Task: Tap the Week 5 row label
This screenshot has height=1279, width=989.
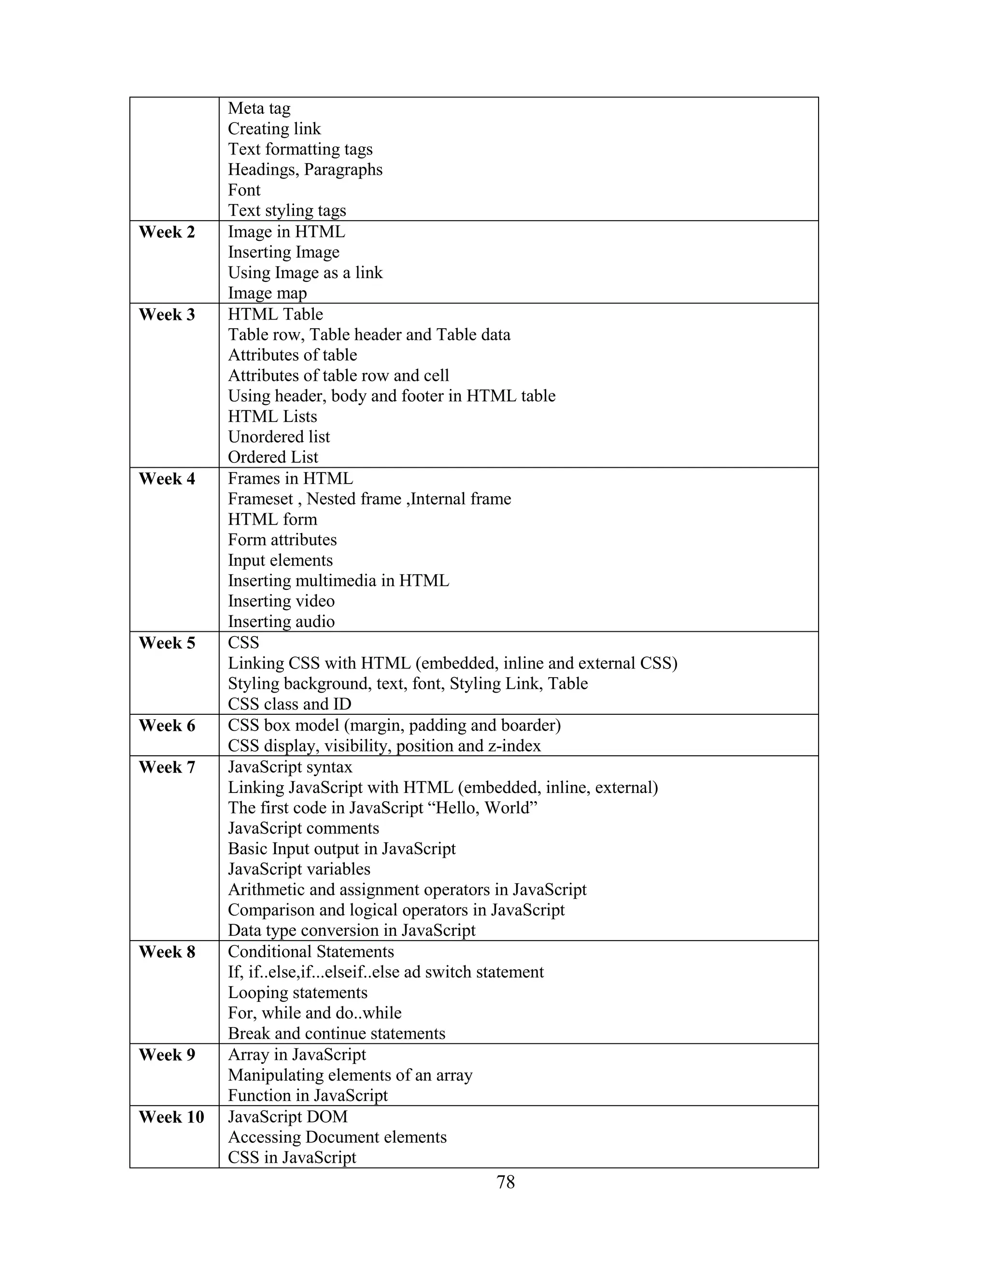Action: point(167,643)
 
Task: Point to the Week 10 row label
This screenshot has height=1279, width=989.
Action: point(171,1117)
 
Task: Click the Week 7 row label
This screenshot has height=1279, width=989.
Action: point(167,767)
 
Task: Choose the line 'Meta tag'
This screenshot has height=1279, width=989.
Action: point(259,108)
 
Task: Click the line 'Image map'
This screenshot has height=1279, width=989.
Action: point(267,293)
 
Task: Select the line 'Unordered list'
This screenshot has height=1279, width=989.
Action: point(279,437)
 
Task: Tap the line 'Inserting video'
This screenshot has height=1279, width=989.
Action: point(281,601)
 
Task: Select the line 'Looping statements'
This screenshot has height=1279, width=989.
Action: point(297,993)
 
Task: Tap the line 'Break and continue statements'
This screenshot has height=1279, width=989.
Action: point(336,1034)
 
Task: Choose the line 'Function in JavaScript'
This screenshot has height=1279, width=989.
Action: point(308,1096)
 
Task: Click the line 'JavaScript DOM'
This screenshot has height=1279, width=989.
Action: point(288,1117)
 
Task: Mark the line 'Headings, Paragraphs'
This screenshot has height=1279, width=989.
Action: point(305,170)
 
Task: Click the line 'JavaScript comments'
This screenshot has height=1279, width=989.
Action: point(303,828)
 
